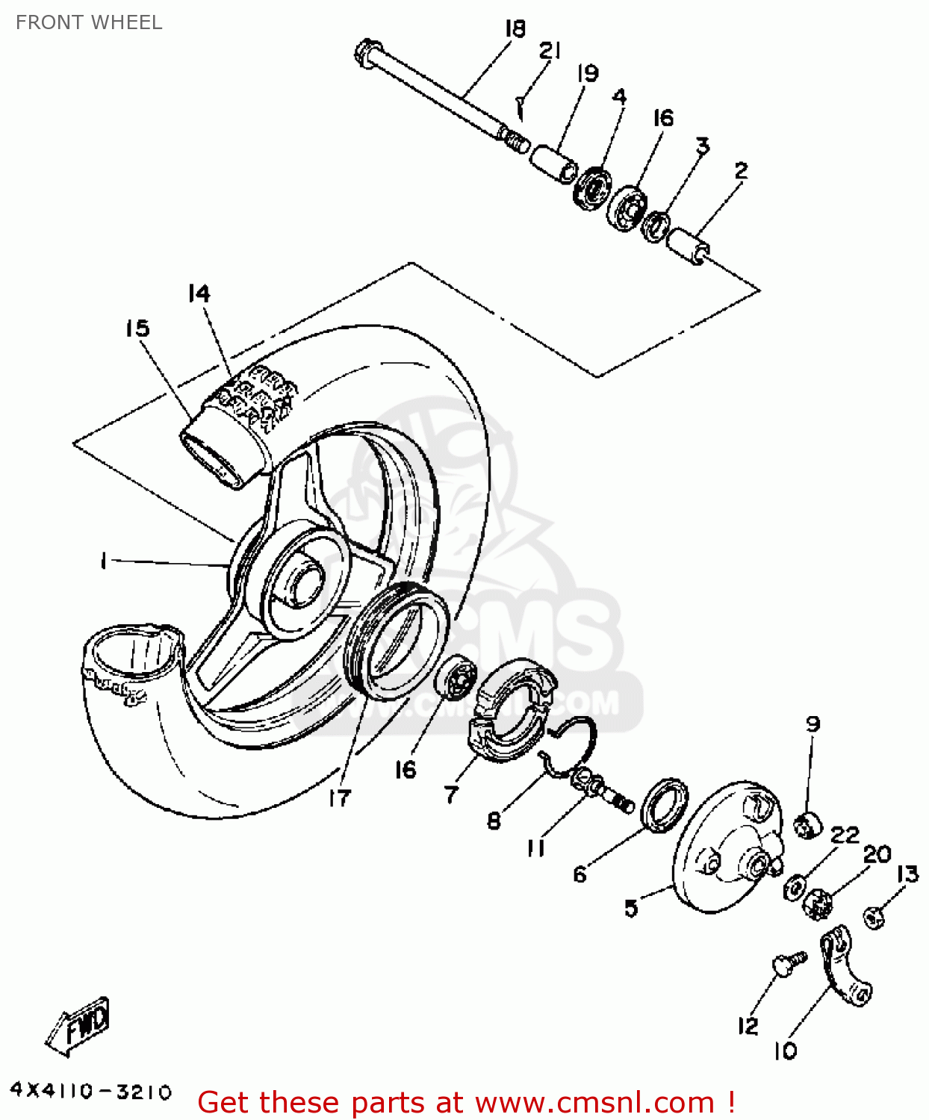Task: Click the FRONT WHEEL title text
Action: tap(89, 22)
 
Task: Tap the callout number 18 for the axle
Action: tap(515, 29)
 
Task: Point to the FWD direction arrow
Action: tap(79, 1026)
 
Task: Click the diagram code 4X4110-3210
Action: tap(91, 1092)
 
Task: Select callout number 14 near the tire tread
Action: tap(199, 294)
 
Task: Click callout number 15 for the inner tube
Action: tap(137, 329)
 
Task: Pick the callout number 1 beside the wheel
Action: tap(104, 560)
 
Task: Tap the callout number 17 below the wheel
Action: tap(339, 798)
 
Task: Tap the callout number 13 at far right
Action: tap(907, 874)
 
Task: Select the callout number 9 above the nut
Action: tap(813, 724)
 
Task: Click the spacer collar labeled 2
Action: tap(688, 246)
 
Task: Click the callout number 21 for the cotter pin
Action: tap(550, 51)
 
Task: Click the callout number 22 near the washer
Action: tap(845, 834)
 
